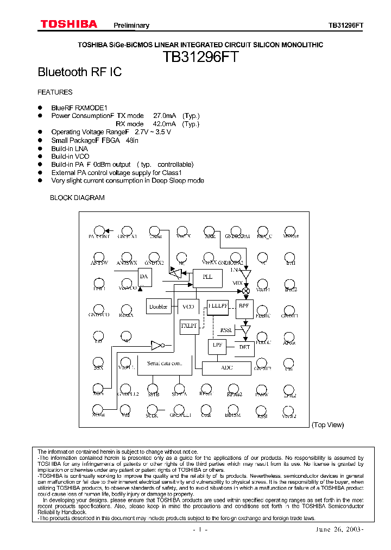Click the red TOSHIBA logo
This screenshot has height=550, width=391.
68,24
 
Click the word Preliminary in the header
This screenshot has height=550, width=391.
131,26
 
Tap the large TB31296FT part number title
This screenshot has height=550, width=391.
200,58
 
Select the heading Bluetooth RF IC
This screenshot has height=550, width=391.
79,72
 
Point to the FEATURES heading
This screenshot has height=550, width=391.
55,92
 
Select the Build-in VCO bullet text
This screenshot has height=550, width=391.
70,157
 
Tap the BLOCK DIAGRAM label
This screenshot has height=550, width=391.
77,198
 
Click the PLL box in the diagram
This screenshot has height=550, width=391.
207,277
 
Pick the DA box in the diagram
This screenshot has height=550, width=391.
144,277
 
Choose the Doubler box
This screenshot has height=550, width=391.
159,307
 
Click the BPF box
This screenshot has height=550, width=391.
244,306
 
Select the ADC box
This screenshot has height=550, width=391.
227,368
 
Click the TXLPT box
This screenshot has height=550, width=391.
188,325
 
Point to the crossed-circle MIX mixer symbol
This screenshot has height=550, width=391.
245,291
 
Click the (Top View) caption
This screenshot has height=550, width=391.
327,425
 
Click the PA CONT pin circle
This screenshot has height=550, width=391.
99,230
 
